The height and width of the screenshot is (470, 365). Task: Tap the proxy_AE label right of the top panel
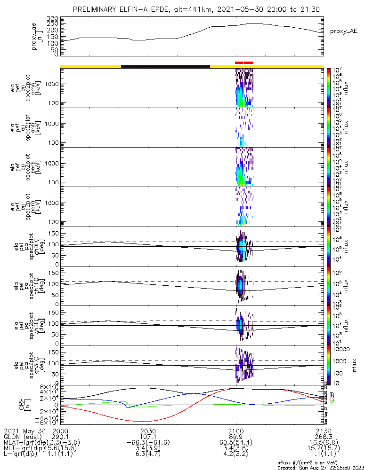point(344,31)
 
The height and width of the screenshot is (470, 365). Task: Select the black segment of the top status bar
point(165,66)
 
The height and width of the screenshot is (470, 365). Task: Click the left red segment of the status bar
point(239,63)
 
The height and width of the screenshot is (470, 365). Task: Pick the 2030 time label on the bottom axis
point(148,431)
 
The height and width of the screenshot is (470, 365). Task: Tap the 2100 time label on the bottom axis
point(236,431)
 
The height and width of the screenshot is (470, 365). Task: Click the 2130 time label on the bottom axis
point(324,431)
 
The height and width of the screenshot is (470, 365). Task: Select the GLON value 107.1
point(148,437)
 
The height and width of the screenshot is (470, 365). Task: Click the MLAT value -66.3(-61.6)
point(148,443)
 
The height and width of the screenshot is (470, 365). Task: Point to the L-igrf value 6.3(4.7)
point(148,455)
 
